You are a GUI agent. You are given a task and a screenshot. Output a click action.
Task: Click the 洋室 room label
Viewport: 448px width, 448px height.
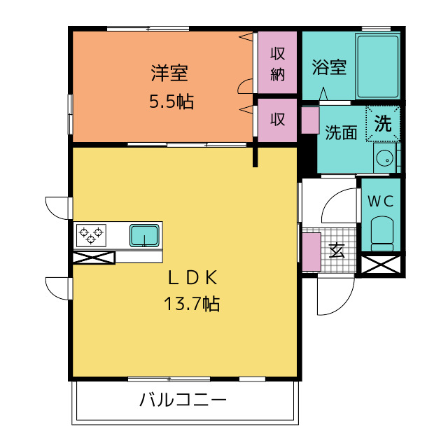[169, 73]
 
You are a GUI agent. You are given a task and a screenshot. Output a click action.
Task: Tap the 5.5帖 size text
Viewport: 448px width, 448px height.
[171, 101]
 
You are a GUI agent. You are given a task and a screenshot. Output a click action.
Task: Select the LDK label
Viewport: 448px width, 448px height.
[192, 278]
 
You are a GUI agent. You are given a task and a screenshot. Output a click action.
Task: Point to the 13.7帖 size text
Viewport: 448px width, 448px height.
[191, 303]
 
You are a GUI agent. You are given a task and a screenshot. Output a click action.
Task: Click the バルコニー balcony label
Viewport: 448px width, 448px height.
[183, 400]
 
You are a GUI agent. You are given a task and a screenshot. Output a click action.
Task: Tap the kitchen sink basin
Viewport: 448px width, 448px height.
[144, 235]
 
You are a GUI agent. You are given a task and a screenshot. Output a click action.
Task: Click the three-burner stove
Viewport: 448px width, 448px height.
[91, 235]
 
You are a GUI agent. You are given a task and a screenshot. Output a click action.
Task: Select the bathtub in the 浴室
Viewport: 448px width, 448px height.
[377, 66]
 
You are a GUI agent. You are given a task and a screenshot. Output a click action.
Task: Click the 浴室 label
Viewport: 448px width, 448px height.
[329, 67]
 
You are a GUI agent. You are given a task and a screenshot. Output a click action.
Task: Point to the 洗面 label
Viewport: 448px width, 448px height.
[341, 132]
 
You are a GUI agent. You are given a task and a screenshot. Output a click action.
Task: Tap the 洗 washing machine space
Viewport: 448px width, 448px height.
[383, 123]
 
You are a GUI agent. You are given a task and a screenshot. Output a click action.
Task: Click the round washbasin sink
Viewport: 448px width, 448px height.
[383, 158]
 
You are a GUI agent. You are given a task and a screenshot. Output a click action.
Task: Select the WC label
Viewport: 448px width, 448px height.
[380, 202]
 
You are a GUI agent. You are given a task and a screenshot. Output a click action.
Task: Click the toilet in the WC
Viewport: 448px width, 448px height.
[381, 233]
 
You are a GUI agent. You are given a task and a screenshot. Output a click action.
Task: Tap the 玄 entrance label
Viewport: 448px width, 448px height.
[337, 251]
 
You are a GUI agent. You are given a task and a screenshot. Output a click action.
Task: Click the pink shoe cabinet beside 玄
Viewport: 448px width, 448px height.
[311, 252]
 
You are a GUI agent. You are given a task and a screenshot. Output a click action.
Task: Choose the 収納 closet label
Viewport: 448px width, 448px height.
[277, 64]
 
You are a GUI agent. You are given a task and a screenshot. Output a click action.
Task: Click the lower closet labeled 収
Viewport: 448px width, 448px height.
[277, 120]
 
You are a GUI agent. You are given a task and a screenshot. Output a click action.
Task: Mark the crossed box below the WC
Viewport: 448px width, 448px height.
[381, 265]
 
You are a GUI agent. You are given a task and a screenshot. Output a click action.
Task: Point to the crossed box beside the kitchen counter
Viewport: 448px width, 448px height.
[93, 258]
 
